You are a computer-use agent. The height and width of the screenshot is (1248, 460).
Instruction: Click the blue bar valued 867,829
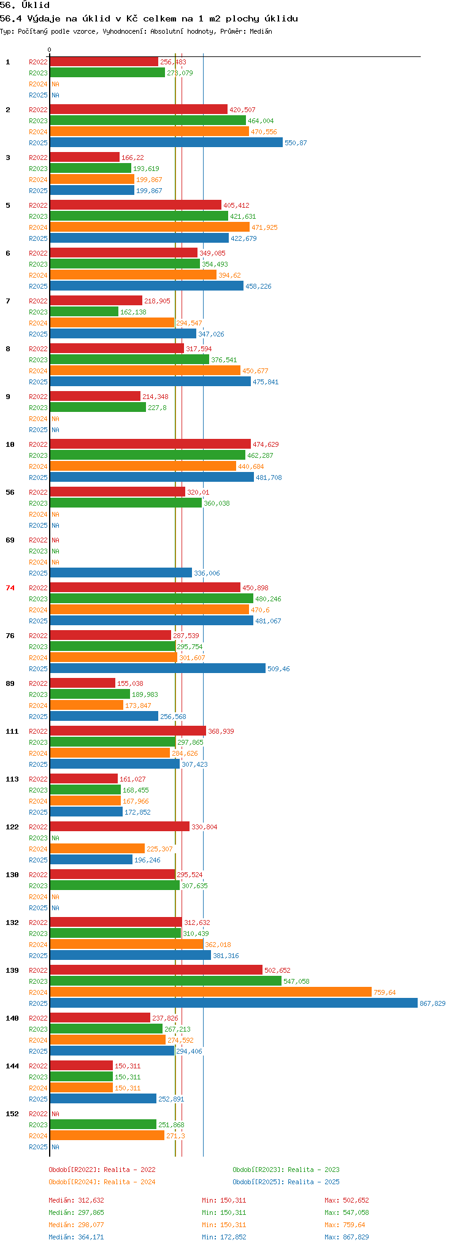point(233,1003)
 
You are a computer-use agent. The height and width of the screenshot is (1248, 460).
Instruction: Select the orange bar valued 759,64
point(210,992)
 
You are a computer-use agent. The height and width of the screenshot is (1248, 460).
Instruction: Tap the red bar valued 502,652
point(156,970)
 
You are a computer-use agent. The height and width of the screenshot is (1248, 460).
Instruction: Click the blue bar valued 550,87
point(166,143)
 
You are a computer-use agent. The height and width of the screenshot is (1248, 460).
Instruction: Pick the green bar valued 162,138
point(84,312)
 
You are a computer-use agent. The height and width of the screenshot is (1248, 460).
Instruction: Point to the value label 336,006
point(207,573)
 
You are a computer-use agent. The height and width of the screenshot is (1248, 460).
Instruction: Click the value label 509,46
point(278,669)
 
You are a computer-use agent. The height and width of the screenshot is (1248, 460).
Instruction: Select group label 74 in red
point(10,588)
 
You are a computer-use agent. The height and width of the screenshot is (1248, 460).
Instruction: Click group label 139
point(12,970)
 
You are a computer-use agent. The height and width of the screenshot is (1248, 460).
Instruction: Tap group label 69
point(10,540)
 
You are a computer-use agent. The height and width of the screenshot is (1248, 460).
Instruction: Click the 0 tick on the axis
point(50,50)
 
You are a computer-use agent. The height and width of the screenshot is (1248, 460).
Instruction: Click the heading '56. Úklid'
point(25,6)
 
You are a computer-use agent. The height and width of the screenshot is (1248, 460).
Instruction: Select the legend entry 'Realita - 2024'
point(102,1182)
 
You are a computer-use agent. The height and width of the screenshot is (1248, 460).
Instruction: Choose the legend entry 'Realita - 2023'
point(286,1170)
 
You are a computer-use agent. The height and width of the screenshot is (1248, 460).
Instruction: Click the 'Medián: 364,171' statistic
point(76,1237)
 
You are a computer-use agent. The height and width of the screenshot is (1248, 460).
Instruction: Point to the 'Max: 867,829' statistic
point(347,1237)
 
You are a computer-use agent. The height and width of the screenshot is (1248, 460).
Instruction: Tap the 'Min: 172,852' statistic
point(224,1237)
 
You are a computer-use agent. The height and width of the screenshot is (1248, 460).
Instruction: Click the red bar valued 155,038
point(82,683)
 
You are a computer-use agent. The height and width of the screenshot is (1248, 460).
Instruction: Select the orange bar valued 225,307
point(97,849)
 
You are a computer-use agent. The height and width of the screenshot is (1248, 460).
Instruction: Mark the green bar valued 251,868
point(103,1125)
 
